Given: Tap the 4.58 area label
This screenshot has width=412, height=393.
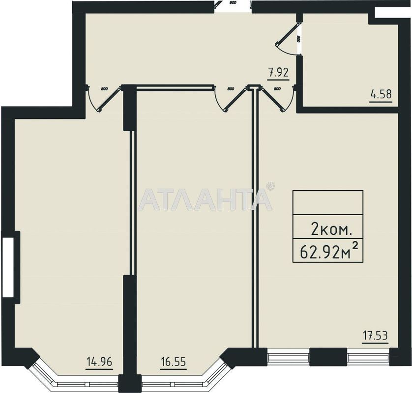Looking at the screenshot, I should pos(381,94).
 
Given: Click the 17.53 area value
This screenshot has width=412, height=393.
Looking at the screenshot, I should pos(375,337).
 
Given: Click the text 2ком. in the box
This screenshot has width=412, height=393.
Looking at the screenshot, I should pos(330,228).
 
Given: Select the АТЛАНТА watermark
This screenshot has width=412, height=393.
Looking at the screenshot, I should pos(205,199).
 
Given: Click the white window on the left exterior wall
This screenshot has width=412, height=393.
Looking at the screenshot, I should pos(8,267).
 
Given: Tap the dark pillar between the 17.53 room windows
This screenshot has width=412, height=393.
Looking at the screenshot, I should pos(328,357).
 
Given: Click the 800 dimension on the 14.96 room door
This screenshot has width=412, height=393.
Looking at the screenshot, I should pos(104,89).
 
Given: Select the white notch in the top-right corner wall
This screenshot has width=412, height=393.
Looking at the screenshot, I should pos(388,13).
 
